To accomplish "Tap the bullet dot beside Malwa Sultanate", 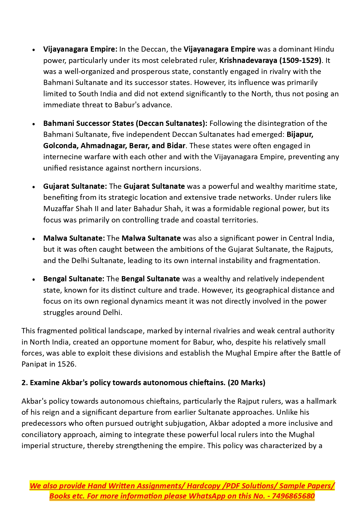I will [x=34, y=239].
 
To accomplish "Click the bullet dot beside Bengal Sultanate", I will [x=34, y=280].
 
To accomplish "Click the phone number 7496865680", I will [x=293, y=496].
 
